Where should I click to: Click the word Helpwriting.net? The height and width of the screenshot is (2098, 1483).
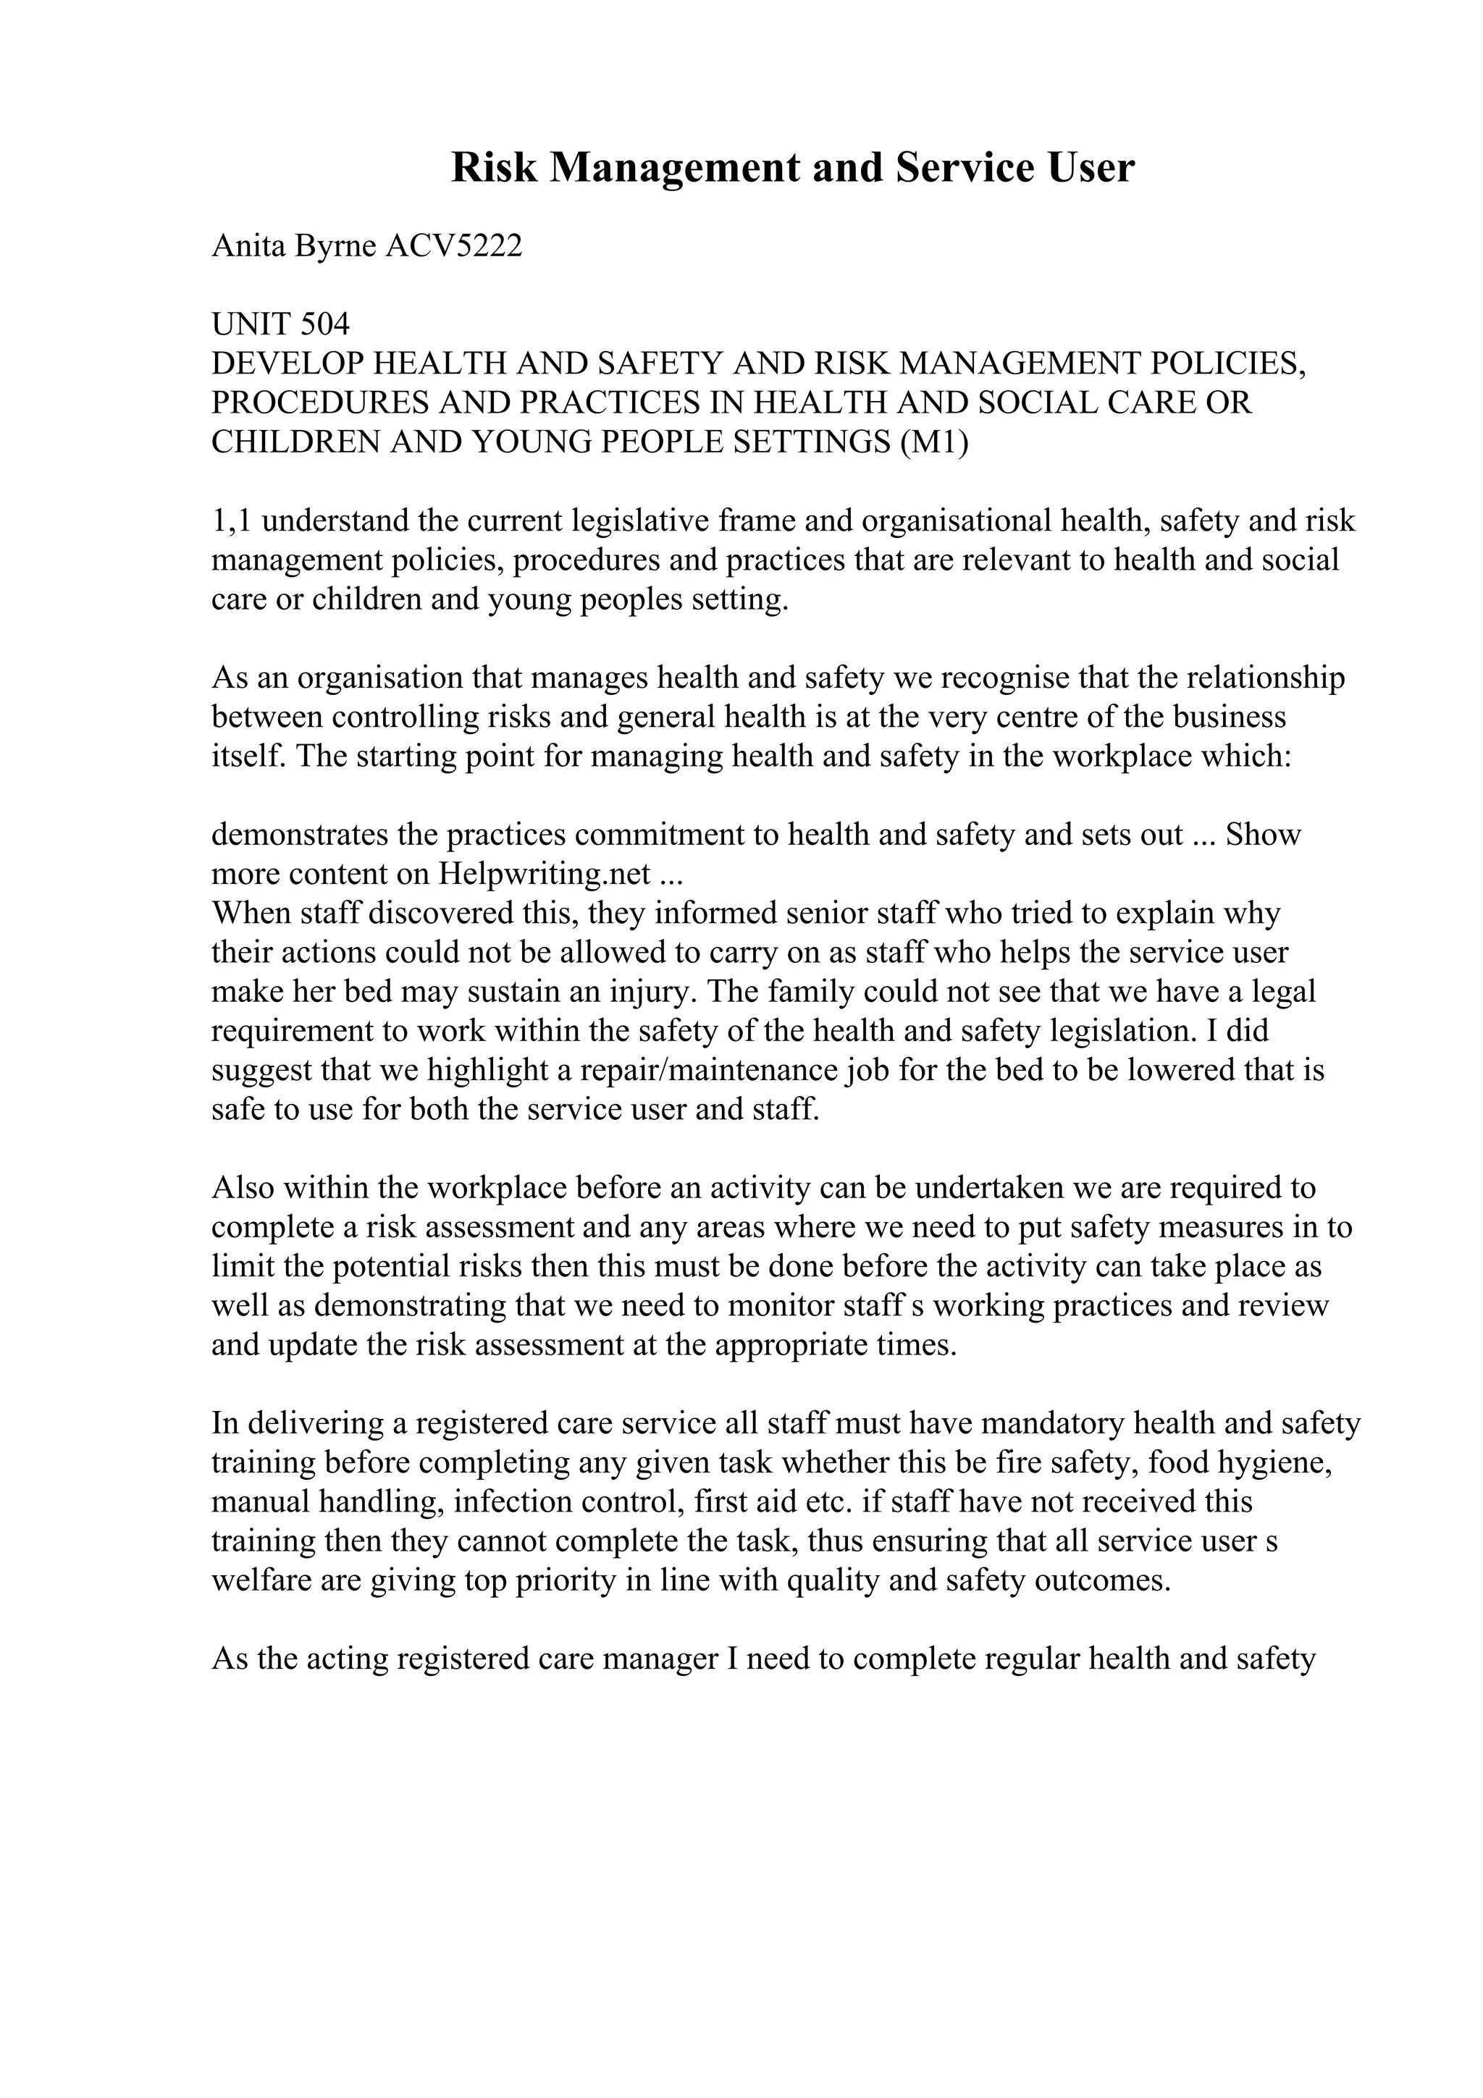(545, 875)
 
